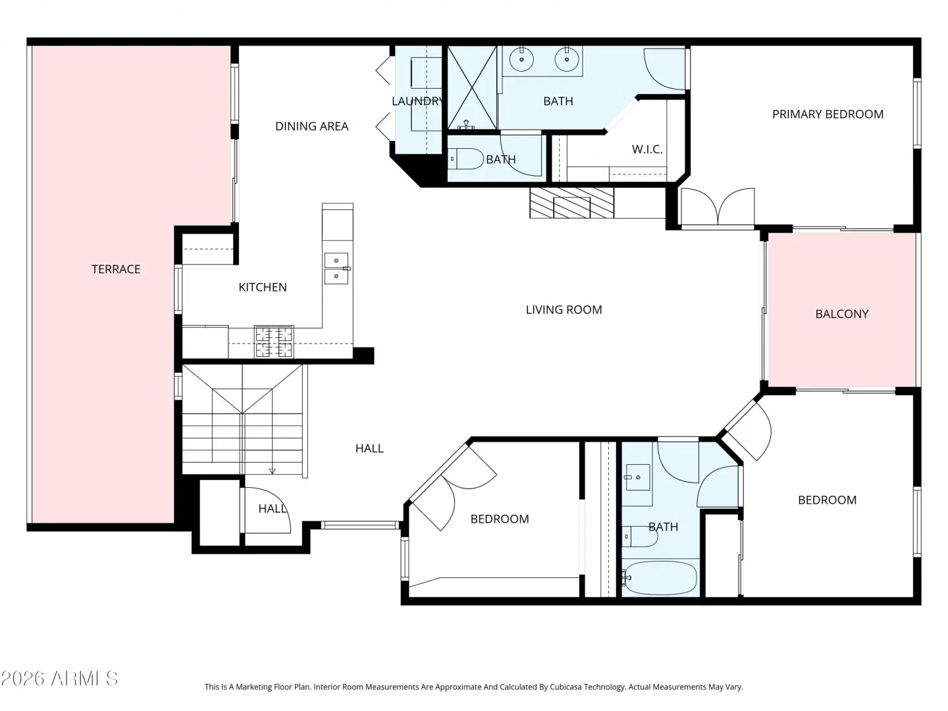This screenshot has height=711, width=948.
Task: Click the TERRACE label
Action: click(116, 269)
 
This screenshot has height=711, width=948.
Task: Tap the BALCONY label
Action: click(842, 314)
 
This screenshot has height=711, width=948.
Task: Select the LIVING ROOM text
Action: click(564, 309)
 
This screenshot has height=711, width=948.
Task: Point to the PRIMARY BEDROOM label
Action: click(828, 114)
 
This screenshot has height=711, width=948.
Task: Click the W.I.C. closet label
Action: click(647, 149)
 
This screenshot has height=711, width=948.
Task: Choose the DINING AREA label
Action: click(312, 126)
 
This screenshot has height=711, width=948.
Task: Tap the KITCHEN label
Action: click(263, 287)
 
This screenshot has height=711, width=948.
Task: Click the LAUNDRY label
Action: click(417, 101)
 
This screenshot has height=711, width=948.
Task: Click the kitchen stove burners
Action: click(274, 342)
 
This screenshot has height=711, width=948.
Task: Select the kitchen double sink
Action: click(336, 269)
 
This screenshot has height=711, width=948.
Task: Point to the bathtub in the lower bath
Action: click(660, 577)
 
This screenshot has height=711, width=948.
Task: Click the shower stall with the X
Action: click(472, 88)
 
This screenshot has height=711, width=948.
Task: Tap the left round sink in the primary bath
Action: click(521, 59)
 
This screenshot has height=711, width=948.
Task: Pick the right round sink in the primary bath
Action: click(567, 59)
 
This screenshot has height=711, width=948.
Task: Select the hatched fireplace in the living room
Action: click(572, 203)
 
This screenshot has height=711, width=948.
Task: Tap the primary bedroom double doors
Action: click(718, 206)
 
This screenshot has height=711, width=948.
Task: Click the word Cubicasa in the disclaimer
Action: click(566, 687)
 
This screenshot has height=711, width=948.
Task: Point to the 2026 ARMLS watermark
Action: click(59, 679)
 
